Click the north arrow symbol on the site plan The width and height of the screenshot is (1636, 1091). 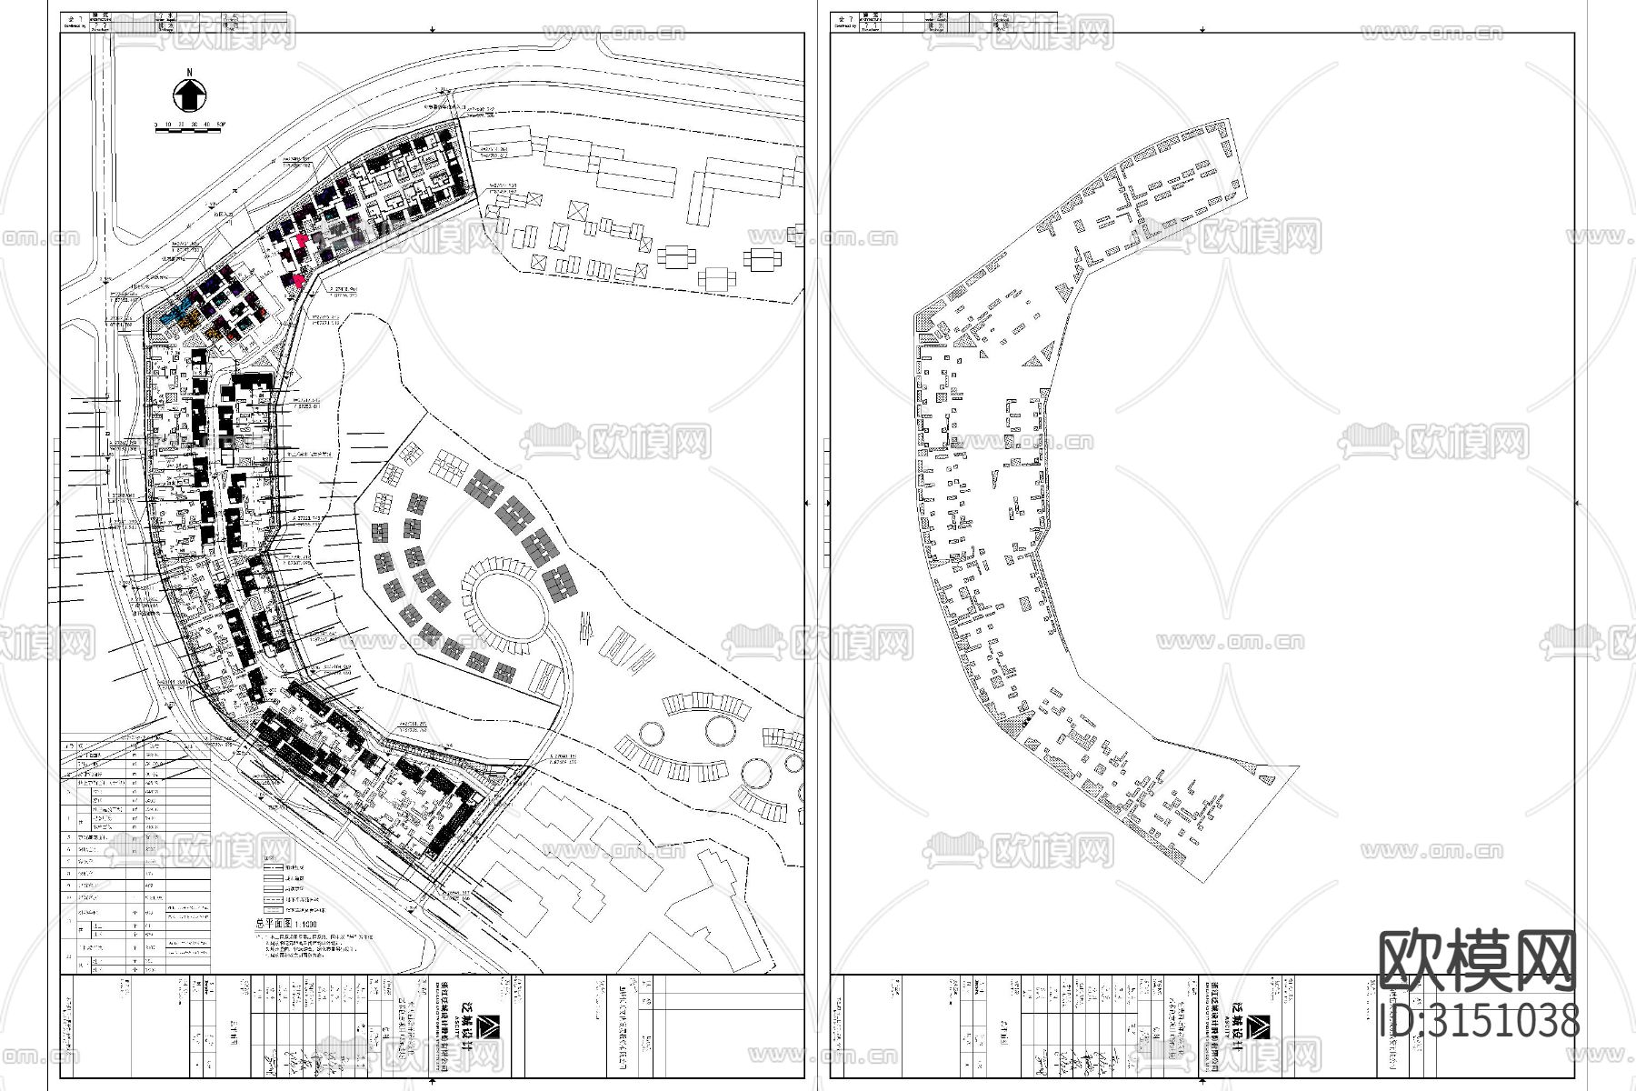tap(189, 94)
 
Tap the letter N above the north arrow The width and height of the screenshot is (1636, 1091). tap(189, 72)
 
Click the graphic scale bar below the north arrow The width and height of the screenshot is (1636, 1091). tap(188, 132)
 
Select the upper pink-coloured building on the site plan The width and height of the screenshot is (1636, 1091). tap(301, 241)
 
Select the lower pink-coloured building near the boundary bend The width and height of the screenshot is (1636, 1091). tap(299, 281)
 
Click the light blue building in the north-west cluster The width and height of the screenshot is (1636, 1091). tap(171, 315)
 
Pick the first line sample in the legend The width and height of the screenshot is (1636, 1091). tap(274, 867)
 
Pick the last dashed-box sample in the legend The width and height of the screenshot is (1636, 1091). tap(274, 909)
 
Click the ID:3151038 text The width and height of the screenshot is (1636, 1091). tap(1479, 1020)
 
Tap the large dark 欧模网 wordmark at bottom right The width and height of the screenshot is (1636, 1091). tap(1477, 961)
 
